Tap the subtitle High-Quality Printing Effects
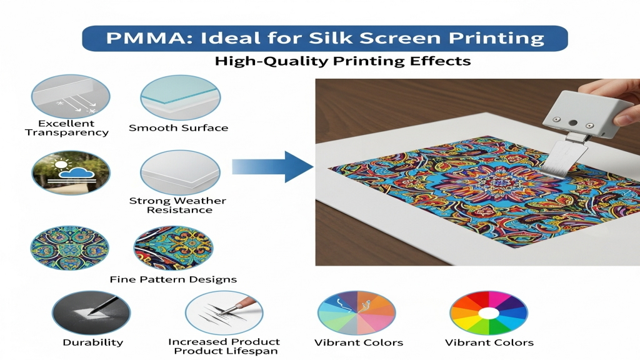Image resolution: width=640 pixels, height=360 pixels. coord(343,61)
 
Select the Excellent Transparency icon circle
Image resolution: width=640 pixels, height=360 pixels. coord(71,97)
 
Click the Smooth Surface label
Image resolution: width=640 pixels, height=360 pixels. coord(178,127)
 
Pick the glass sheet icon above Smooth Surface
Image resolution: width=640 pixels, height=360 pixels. coord(181,97)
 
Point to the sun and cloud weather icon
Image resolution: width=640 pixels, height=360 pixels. coord(71,172)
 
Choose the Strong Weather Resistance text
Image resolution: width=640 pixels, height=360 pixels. coord(178,205)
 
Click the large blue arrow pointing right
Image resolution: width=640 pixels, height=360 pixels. coord(272,166)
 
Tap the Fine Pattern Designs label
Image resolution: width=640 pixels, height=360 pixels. coord(173,279)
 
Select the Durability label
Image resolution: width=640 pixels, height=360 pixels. coord(92,342)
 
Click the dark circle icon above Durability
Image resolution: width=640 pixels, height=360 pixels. coord(91,312)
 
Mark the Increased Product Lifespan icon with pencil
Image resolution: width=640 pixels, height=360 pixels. coord(224,312)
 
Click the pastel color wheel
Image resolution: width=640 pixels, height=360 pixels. coord(357,312)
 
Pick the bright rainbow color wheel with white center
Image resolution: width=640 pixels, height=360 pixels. coord(489,312)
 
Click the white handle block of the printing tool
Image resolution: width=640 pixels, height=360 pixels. coord(582,113)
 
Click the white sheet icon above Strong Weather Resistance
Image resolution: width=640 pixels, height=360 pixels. coord(181,172)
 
